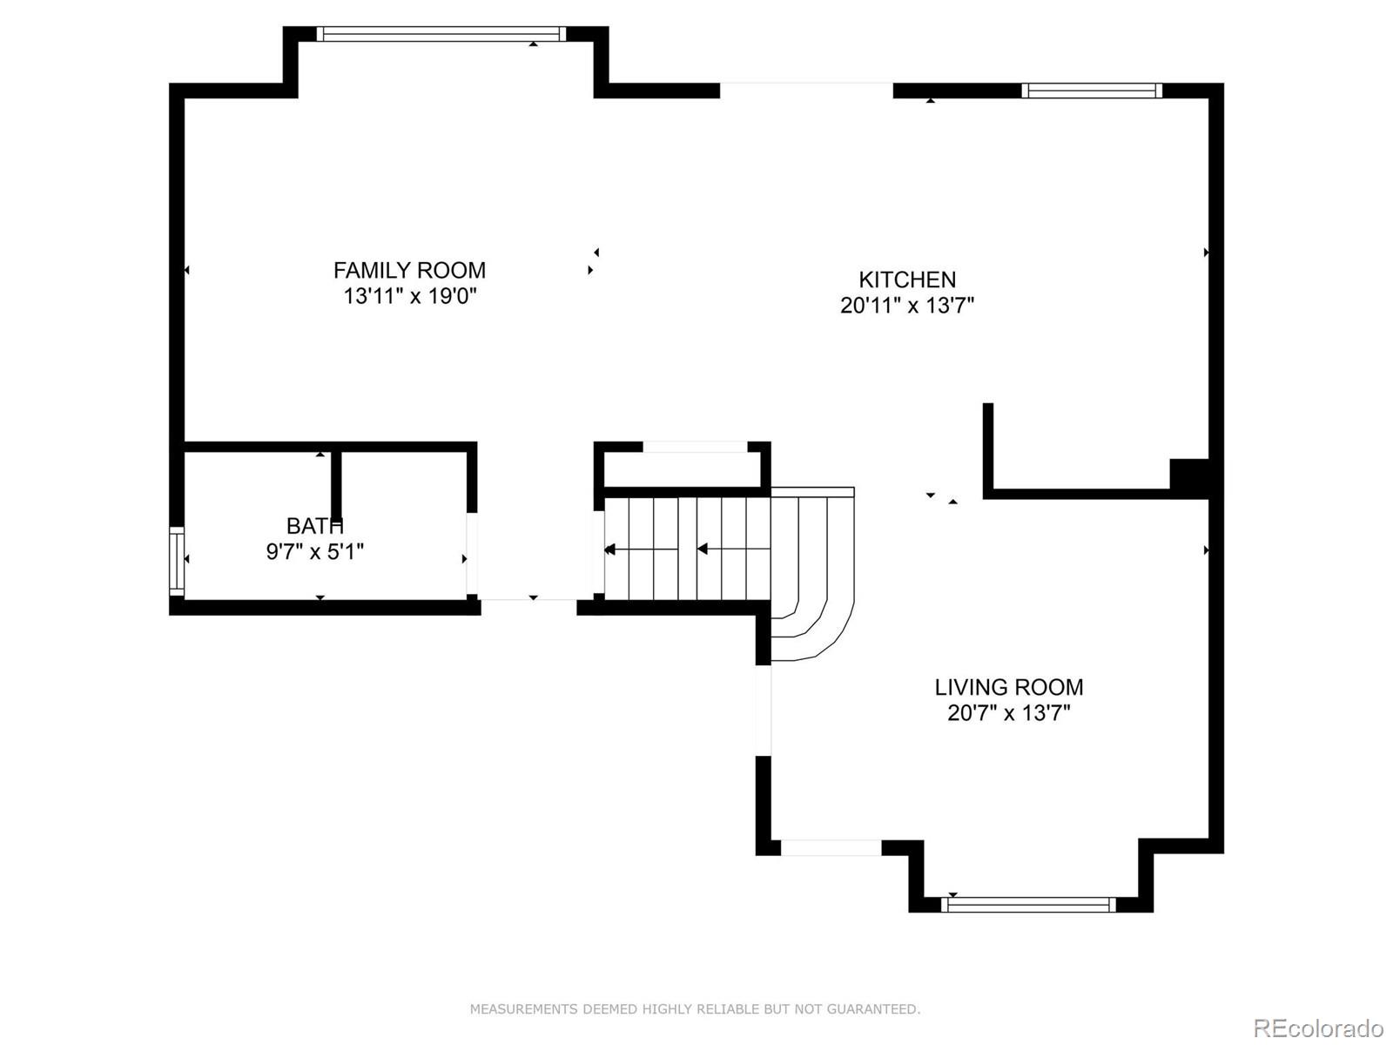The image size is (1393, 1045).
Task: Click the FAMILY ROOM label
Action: (409, 270)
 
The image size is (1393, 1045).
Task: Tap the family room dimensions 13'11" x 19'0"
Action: (410, 296)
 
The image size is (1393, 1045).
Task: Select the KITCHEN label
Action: (907, 280)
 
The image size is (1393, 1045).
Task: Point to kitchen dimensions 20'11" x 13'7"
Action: (906, 306)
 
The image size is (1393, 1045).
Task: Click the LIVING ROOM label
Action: (1008, 687)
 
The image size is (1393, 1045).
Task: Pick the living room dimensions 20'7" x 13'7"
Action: (1008, 713)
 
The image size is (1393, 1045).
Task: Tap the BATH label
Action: (314, 526)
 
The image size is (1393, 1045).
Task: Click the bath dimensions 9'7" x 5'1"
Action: (314, 551)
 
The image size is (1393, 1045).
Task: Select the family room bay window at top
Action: (441, 34)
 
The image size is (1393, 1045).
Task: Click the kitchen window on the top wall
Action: (1091, 90)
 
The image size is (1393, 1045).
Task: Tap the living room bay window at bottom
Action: (1028, 905)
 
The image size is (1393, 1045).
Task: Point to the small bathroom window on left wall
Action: (177, 561)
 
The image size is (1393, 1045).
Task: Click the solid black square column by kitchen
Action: (1188, 476)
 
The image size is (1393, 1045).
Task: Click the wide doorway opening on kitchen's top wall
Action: (806, 90)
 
